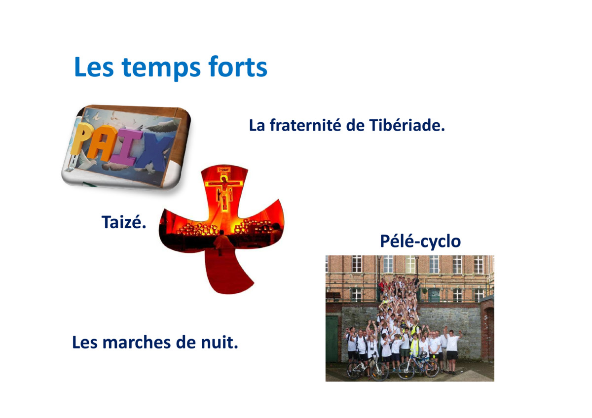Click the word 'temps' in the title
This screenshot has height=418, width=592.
(x=161, y=68)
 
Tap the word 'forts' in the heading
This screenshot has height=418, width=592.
(x=238, y=66)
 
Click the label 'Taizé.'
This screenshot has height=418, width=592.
(x=124, y=222)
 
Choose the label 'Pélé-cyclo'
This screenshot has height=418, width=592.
(x=420, y=242)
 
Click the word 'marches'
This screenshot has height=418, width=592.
(x=137, y=342)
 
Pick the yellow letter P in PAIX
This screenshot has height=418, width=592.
(x=81, y=139)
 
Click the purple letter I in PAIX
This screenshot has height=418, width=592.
(x=126, y=149)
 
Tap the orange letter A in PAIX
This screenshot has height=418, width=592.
(x=102, y=143)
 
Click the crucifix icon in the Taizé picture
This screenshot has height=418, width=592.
(x=224, y=190)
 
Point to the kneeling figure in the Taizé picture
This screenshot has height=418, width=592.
(x=222, y=242)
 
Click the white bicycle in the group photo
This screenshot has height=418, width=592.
(x=368, y=368)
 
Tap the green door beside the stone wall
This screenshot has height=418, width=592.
(x=332, y=339)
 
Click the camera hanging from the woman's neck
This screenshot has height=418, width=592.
(x=372, y=348)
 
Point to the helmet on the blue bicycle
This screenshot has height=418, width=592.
(x=424, y=354)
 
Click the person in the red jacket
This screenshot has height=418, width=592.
(x=382, y=286)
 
